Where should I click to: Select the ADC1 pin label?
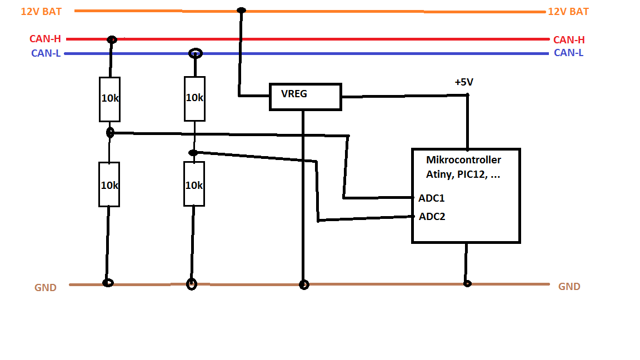click(x=432, y=198)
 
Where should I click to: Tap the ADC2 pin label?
click(x=432, y=216)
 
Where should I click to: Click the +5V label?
click(x=464, y=82)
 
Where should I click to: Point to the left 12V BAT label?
click(x=41, y=12)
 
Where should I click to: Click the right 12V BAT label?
click(x=568, y=12)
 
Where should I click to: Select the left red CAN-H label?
click(x=45, y=39)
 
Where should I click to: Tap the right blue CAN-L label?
click(x=568, y=53)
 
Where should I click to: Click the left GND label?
click(x=46, y=287)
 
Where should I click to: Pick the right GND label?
click(x=569, y=287)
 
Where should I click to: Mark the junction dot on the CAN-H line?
click(x=112, y=39)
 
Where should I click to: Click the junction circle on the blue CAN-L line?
click(x=196, y=49)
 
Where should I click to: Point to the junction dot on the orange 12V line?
click(x=241, y=10)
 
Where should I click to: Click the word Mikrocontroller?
click(x=464, y=159)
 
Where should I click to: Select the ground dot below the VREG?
click(x=304, y=284)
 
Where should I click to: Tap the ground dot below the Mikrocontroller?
click(x=467, y=283)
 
